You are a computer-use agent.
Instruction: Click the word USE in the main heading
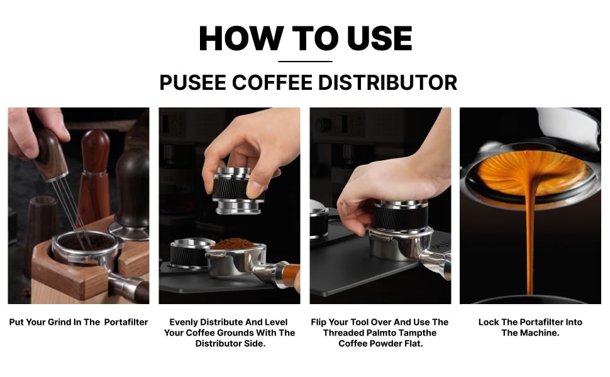click(x=379, y=38)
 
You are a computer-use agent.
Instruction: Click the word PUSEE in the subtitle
click(x=193, y=82)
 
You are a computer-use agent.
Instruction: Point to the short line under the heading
click(x=306, y=62)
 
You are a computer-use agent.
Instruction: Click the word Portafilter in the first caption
click(x=126, y=322)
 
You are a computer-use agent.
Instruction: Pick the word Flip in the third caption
click(x=318, y=322)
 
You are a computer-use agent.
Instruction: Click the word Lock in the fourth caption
click(x=488, y=322)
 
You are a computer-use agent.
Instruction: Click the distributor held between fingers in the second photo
click(x=236, y=190)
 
